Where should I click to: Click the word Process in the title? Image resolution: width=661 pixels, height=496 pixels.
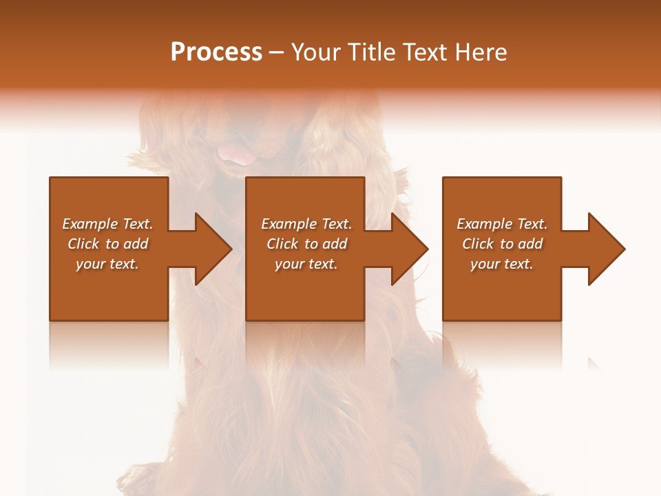click(x=216, y=52)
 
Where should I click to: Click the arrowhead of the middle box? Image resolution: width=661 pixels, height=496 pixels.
click(x=409, y=249)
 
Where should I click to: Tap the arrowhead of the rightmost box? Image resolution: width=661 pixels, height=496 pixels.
click(x=605, y=249)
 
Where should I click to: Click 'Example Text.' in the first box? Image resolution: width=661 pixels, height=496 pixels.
click(x=107, y=224)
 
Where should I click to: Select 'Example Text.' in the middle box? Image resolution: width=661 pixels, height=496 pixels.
click(x=306, y=224)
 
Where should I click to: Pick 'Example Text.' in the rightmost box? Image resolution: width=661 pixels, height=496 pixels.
click(x=502, y=224)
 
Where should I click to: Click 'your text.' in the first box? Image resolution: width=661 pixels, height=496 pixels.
click(x=107, y=264)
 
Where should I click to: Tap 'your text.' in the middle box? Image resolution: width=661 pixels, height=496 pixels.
click(x=306, y=264)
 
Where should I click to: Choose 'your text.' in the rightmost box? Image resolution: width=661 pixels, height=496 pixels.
click(x=502, y=264)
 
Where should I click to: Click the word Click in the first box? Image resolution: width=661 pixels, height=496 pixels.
click(x=83, y=244)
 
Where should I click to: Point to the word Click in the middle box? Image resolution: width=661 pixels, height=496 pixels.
click(x=282, y=244)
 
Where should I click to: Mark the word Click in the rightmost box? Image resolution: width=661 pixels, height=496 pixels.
click(x=478, y=244)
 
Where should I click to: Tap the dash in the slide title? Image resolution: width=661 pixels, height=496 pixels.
click(x=276, y=53)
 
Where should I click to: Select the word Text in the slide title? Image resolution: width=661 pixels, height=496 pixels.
click(x=424, y=52)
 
